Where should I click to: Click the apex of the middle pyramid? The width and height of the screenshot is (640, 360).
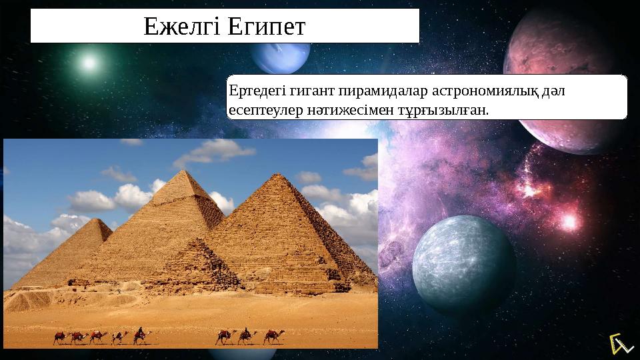coord(188,171)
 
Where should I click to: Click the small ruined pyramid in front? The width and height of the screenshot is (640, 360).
coord(193,267)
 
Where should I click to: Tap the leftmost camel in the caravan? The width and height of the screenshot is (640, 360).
coord(59,338)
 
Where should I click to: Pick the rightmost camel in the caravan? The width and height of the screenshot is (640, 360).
coord(271,336)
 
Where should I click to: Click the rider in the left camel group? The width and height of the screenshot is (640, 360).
coord(141,331)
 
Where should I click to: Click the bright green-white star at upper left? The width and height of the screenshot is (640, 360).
coord(88,62)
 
